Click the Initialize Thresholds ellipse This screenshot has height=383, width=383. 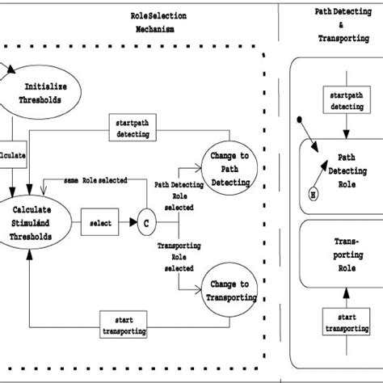point(46,93)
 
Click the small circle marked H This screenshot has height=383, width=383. point(313,193)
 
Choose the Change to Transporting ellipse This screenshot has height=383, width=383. point(229,290)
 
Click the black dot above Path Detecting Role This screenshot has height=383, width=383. point(300,120)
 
